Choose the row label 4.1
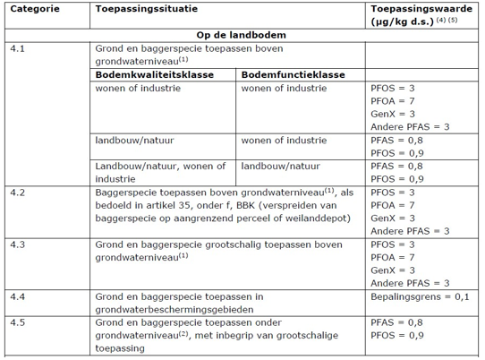pyautogui.click(x=15, y=49)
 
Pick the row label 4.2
pyautogui.click(x=15, y=193)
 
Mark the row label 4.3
pyautogui.click(x=15, y=244)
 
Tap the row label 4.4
pyautogui.click(x=15, y=295)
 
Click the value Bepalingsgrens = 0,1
pyautogui.click(x=418, y=295)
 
